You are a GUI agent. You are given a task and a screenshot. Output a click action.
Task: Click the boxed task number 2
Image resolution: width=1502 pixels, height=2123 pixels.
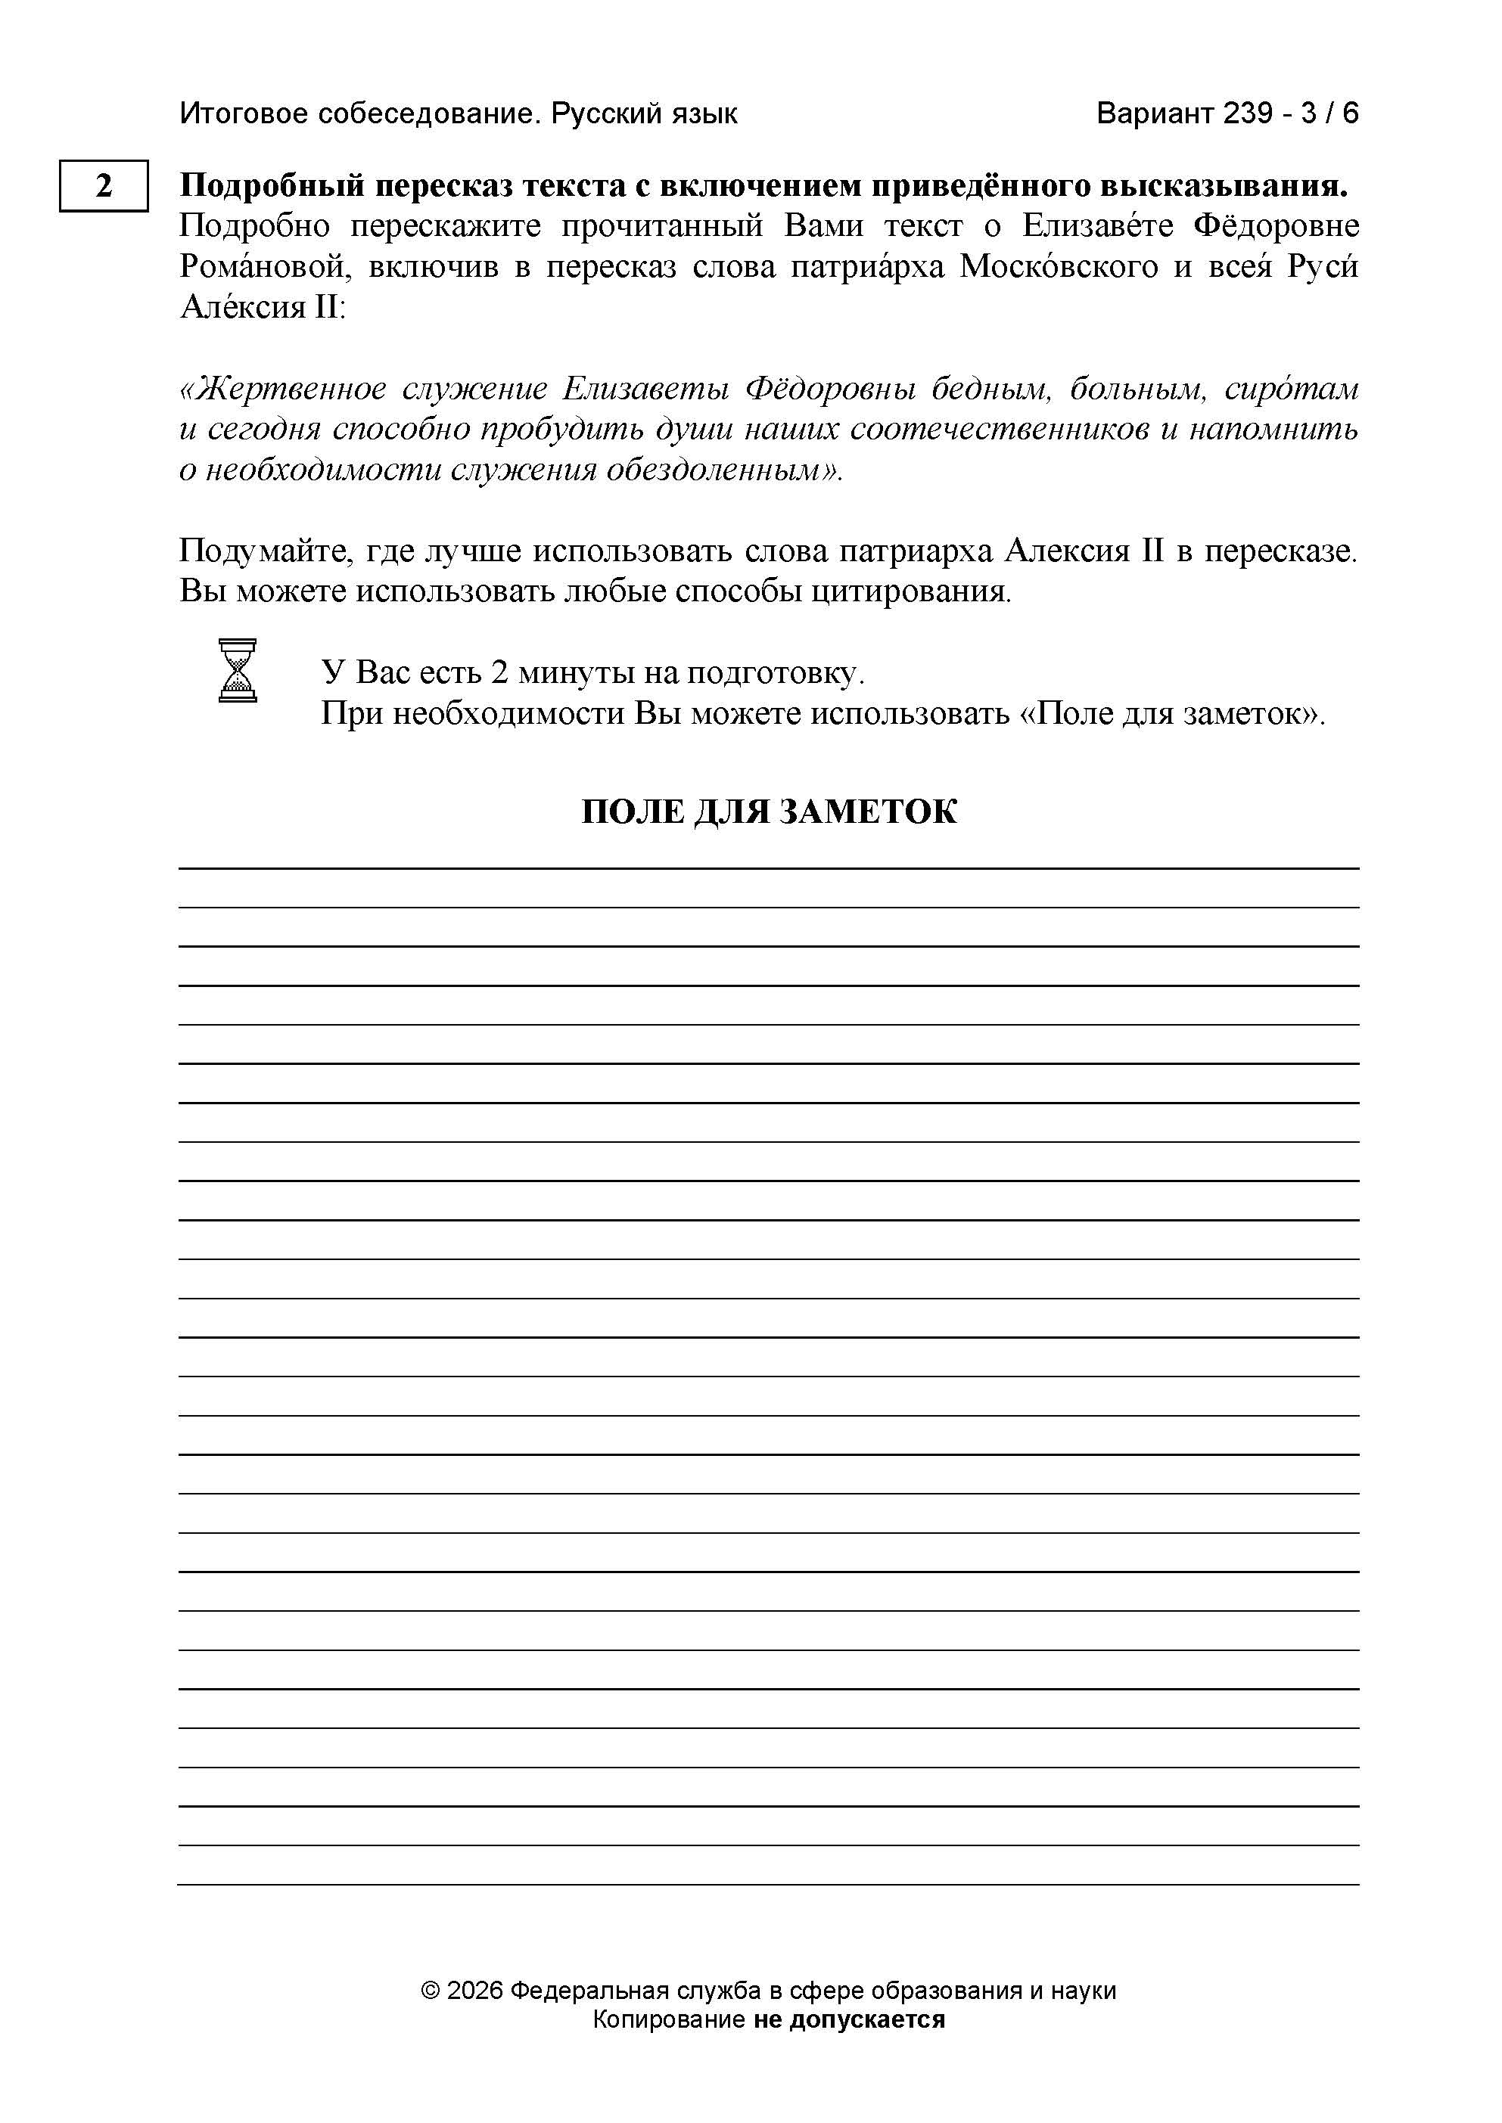[104, 186]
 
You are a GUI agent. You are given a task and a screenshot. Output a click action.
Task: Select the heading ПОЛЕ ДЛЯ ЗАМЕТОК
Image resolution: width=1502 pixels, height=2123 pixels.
[769, 812]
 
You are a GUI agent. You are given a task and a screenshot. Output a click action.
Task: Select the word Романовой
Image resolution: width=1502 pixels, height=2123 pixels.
[266, 266]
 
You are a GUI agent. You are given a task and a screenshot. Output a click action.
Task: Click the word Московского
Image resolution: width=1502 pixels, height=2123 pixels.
[1059, 266]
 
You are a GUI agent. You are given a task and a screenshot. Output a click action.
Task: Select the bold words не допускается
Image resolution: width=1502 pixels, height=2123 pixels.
[849, 2019]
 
